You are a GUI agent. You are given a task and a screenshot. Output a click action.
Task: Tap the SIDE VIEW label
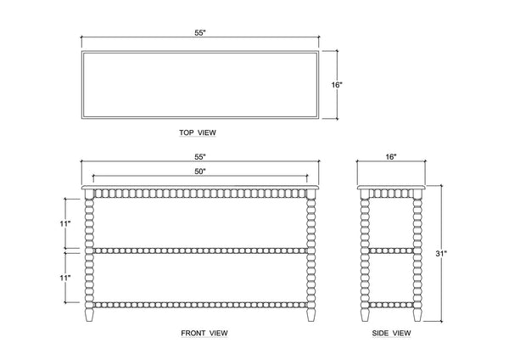(391, 332)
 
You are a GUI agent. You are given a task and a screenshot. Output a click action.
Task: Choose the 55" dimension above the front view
(200, 157)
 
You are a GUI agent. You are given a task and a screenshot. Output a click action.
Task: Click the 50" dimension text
(200, 172)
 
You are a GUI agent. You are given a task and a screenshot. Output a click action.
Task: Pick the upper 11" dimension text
(65, 222)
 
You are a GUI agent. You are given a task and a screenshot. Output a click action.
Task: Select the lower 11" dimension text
(65, 277)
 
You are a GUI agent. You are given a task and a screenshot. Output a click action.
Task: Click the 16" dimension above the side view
(390, 157)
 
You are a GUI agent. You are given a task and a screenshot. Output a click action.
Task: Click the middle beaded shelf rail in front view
(200, 250)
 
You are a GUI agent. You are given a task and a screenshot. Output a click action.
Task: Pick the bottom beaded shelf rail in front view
(200, 303)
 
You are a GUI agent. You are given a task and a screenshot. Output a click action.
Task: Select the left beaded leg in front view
(89, 250)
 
